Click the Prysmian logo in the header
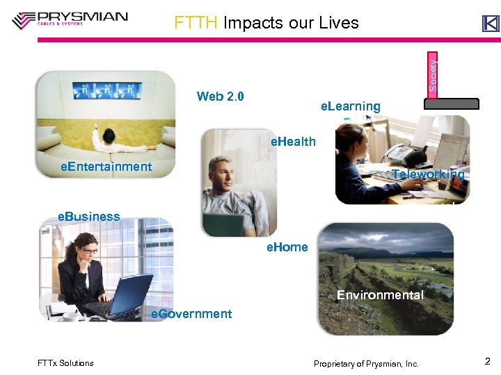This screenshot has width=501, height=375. [70, 19]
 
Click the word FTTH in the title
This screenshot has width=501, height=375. [196, 23]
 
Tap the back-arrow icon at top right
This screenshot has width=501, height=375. [491, 24]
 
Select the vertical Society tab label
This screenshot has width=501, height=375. [433, 74]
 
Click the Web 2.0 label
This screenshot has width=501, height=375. [220, 96]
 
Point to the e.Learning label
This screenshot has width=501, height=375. [350, 106]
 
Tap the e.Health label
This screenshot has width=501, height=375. [293, 142]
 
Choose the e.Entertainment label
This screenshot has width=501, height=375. [106, 166]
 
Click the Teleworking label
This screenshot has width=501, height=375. [428, 174]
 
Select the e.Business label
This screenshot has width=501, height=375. [89, 216]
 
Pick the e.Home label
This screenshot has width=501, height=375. [287, 247]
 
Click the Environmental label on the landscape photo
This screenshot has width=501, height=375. [380, 295]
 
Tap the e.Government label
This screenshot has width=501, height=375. [191, 314]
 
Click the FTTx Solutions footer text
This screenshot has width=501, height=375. [65, 363]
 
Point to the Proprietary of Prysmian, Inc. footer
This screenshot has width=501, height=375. [366, 364]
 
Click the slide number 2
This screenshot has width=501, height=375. [487, 361]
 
